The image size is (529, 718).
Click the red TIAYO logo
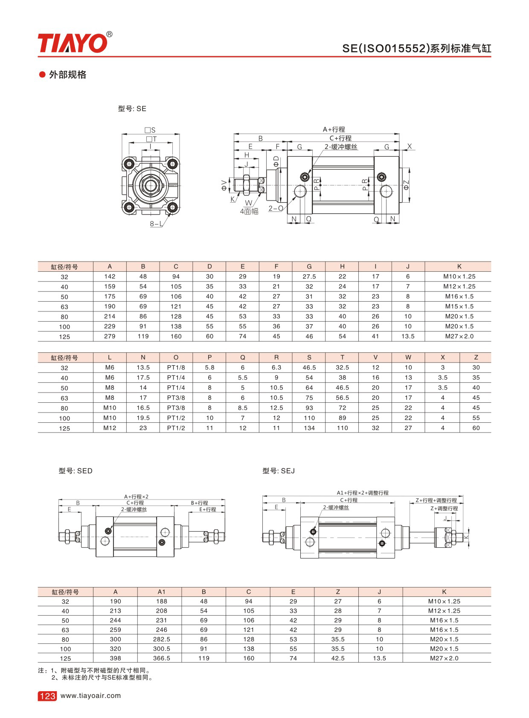click(x=73, y=43)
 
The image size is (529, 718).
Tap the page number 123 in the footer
click(x=47, y=696)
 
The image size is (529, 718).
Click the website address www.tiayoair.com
click(x=90, y=695)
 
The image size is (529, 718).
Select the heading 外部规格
click(x=67, y=75)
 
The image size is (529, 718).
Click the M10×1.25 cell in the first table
click(x=459, y=276)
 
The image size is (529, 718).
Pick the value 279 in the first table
click(x=110, y=336)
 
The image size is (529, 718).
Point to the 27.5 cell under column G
click(x=309, y=276)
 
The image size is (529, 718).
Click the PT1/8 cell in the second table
click(x=176, y=367)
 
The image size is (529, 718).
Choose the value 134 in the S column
click(x=309, y=428)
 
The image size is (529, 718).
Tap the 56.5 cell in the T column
click(x=342, y=398)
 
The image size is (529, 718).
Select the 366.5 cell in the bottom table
click(x=161, y=658)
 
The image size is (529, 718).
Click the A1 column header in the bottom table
click(x=161, y=592)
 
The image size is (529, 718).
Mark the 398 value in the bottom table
click(x=115, y=658)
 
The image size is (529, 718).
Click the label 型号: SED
click(x=76, y=471)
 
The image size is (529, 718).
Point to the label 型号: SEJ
click(x=279, y=471)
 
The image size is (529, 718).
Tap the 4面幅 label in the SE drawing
click(x=249, y=212)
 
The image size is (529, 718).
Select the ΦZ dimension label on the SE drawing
click(x=406, y=185)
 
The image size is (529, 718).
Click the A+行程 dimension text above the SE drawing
click(x=334, y=129)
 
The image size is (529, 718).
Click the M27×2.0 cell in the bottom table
click(x=444, y=658)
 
